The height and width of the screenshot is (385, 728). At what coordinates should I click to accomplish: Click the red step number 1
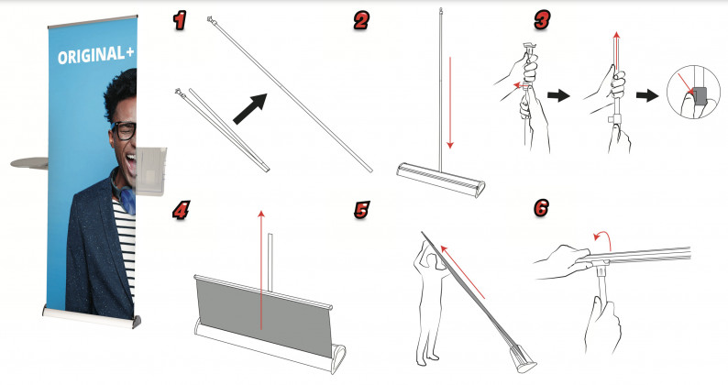tap(179, 21)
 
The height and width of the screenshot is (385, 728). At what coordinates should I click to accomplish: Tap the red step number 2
tap(360, 21)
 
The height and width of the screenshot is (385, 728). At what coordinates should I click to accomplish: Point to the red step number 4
tap(181, 211)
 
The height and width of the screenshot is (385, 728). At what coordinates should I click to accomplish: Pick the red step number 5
tap(361, 210)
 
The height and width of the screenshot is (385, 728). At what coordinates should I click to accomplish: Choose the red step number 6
tap(541, 207)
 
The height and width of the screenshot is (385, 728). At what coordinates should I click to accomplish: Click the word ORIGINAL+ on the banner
tap(96, 55)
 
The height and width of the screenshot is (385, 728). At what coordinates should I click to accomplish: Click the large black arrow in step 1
tap(249, 109)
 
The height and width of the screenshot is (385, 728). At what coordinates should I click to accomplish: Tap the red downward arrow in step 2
tap(449, 103)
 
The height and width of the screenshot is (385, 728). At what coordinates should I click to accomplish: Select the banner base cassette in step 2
tap(440, 180)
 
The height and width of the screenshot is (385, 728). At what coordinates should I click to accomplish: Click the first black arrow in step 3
tap(558, 96)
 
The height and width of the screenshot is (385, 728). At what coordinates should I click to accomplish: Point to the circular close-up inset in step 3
tap(693, 92)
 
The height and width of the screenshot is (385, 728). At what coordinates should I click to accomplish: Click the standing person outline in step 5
tap(429, 302)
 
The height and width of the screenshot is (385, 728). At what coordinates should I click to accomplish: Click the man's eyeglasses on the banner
tap(123, 130)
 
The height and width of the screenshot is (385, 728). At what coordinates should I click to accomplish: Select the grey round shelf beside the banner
tap(29, 163)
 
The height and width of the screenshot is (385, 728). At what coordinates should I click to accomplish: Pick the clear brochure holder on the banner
tap(150, 170)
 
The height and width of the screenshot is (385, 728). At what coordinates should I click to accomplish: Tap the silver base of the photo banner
tap(91, 316)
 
